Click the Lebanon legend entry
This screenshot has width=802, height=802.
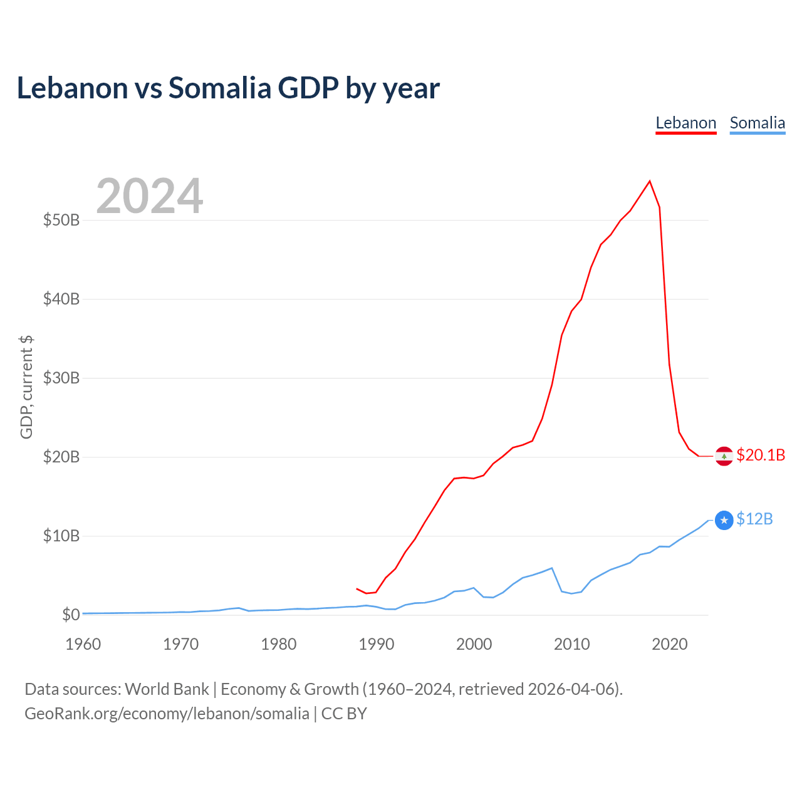click(685, 123)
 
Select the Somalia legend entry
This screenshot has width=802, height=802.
click(757, 123)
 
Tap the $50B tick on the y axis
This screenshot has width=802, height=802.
click(61, 220)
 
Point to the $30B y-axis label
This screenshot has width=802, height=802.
click(61, 378)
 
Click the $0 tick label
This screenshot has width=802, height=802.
click(71, 615)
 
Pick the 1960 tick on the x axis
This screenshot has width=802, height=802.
click(83, 644)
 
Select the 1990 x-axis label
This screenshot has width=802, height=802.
click(376, 644)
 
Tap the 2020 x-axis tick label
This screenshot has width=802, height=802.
click(669, 644)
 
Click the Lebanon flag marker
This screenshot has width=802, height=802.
click(724, 456)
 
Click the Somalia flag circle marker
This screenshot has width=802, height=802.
click(724, 520)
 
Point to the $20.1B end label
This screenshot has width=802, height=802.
click(761, 456)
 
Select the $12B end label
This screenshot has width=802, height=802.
click(754, 519)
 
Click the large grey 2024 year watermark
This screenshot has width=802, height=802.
click(149, 195)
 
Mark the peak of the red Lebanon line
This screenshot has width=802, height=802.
click(650, 181)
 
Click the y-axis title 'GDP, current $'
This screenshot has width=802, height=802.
click(26, 387)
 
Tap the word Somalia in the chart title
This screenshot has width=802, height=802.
click(220, 88)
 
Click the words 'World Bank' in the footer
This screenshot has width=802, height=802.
click(167, 689)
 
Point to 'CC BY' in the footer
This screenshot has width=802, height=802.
click(344, 714)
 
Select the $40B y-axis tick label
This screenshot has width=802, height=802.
click(61, 299)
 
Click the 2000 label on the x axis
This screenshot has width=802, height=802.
click(474, 644)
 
